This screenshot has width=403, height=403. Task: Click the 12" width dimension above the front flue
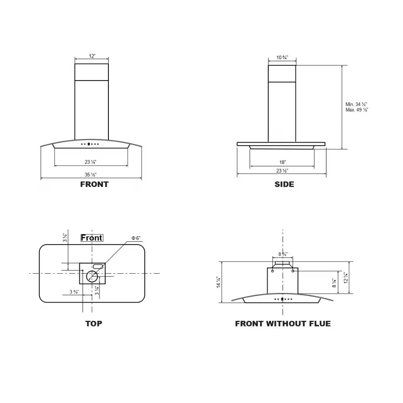coord(92,56)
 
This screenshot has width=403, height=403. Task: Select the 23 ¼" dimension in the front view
coord(91,162)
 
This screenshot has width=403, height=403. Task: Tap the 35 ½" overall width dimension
coord(91,174)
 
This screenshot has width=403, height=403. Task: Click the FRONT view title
coord(94,185)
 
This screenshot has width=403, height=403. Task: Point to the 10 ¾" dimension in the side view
coord(282,58)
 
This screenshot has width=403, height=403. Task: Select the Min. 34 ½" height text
coord(356,104)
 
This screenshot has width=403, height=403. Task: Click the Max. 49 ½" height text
coord(357,110)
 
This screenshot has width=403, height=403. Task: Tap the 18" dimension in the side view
coord(282,162)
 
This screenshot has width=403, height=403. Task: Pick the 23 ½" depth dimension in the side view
coord(282,171)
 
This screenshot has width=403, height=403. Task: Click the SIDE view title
coord(284,185)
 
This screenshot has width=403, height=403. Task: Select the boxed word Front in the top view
coord(91,238)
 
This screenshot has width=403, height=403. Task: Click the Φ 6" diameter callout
coord(136,238)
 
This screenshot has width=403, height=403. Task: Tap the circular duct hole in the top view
coord(92,276)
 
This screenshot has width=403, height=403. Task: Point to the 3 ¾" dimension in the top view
coord(73,292)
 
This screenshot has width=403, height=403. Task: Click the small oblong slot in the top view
coord(98,266)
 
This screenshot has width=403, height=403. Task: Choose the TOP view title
coord(93,324)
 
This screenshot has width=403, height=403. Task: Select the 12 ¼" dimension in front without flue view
coord(345,278)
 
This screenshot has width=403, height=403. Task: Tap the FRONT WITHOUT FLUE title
coord(283,324)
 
